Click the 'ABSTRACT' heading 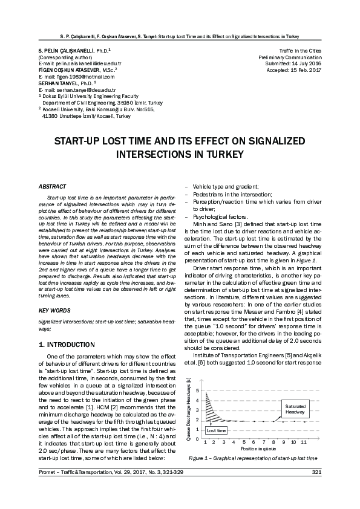click(x=52, y=187)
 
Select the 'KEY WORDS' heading click(x=54, y=310)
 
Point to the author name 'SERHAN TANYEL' click(x=60, y=83)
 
